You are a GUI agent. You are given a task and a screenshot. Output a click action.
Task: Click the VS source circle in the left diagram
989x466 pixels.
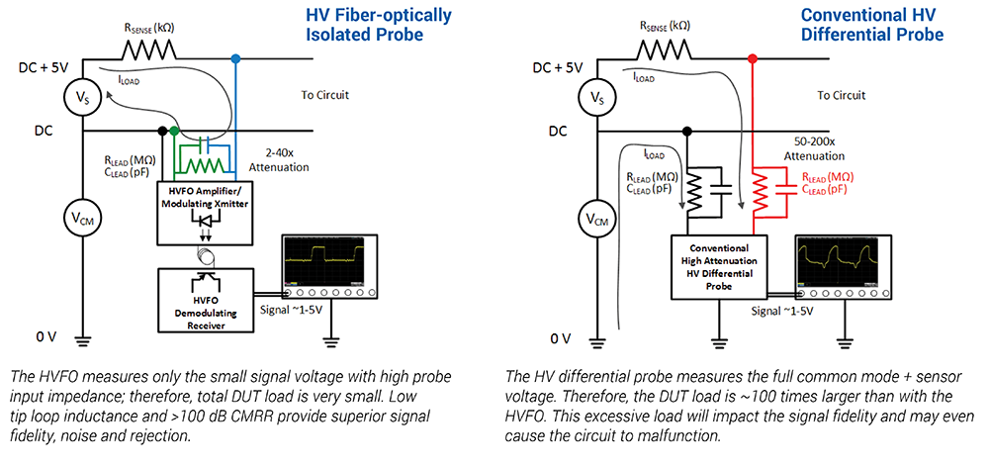[81, 98]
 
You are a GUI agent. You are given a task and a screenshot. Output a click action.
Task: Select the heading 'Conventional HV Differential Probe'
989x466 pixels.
[872, 25]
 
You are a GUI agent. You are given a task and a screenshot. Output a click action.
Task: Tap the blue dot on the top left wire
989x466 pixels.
[235, 59]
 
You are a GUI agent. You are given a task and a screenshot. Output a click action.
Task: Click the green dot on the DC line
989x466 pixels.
[175, 130]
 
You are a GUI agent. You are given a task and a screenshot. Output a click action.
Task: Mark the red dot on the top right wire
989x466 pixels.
[753, 59]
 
